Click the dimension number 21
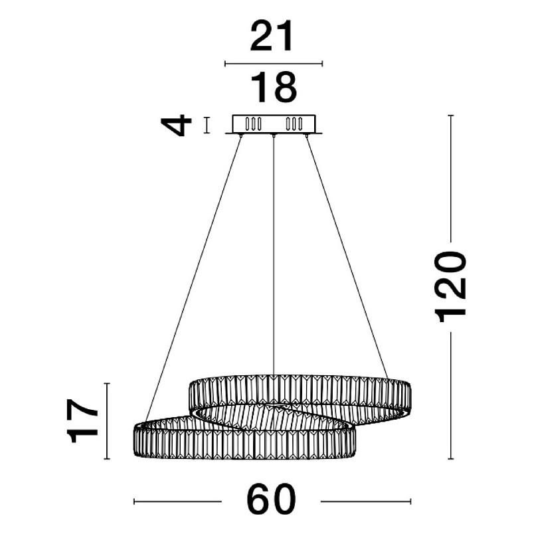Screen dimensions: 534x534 point(272,36)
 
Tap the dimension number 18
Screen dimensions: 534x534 point(274,87)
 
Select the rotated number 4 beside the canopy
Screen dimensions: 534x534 point(176,126)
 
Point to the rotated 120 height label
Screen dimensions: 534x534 point(450,287)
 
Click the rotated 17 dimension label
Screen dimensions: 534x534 point(82,421)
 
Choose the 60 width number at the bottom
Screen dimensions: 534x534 point(271,499)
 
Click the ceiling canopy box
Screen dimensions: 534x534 point(274,124)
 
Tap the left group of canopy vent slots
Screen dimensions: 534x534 point(253,124)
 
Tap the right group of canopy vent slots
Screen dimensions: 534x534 point(294,124)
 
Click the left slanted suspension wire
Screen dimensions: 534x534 point(193,278)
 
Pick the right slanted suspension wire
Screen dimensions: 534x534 point(347,256)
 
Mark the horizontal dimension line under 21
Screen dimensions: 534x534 point(274,63)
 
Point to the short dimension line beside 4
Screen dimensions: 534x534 point(207,125)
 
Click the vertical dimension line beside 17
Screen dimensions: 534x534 point(107,421)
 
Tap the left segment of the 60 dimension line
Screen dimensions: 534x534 point(177,501)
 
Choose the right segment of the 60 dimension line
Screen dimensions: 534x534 point(366,501)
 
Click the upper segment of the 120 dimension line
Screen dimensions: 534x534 point(451,179)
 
